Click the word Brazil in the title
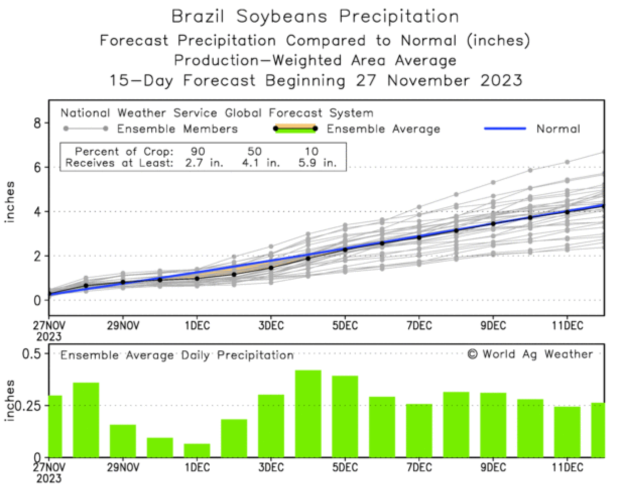pyautogui.click(x=198, y=16)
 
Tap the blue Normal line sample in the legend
pyautogui.click(x=505, y=129)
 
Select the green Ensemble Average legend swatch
pyautogui.click(x=295, y=129)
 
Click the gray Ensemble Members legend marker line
pyautogui.click(x=85, y=129)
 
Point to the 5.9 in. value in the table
pyautogui.click(x=317, y=163)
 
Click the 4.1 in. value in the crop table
pyautogui.click(x=260, y=163)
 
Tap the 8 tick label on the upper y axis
pyautogui.click(x=37, y=122)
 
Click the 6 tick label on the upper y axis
pyautogui.click(x=37, y=167)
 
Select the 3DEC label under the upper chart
pyautogui.click(x=271, y=326)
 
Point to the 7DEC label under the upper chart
pyautogui.click(x=419, y=326)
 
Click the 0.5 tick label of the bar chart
pyautogui.click(x=32, y=353)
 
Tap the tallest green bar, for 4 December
pyautogui.click(x=308, y=413)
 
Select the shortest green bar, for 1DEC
pyautogui.click(x=197, y=451)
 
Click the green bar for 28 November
pyautogui.click(x=86, y=420)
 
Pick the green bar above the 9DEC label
pyautogui.click(x=493, y=425)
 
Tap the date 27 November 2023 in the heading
pyautogui.click(x=439, y=80)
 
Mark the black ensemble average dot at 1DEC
pyautogui.click(x=197, y=278)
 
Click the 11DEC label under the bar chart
pyautogui.click(x=567, y=467)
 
